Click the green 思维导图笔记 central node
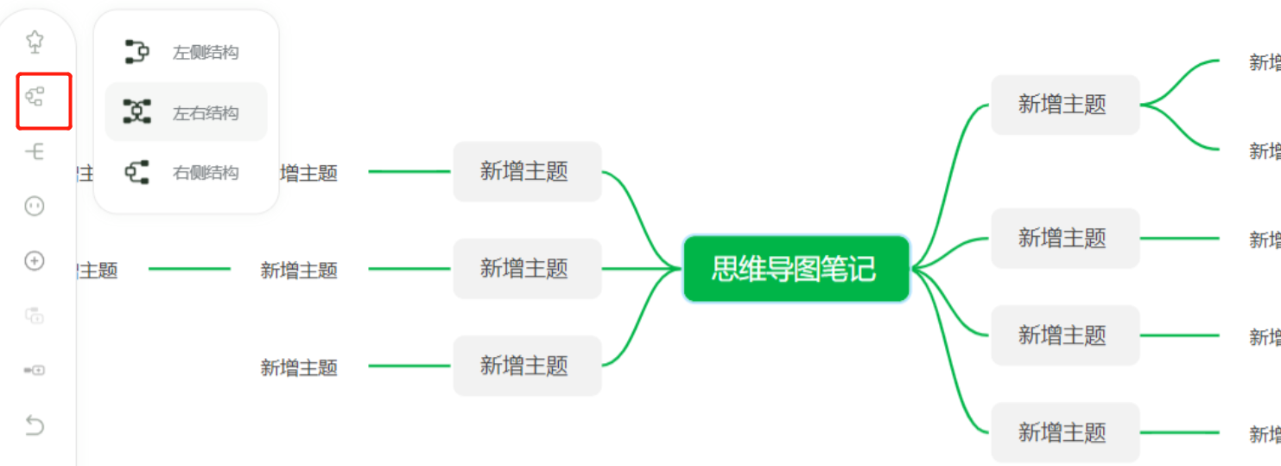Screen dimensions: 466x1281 [796, 269]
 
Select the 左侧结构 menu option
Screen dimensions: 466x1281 [205, 53]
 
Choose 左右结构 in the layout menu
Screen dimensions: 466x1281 [205, 113]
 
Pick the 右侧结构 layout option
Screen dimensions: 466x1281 [205, 173]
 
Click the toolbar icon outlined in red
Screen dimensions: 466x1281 [35, 96]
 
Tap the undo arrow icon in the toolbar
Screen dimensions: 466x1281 [35, 425]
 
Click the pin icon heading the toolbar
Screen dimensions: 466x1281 [35, 41]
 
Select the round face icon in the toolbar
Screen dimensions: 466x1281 [35, 206]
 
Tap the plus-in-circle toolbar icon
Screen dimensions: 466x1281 [35, 261]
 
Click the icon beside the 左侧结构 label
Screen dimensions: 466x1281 [136, 52]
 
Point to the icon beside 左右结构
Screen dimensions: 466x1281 [136, 112]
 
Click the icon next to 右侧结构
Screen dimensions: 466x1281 [136, 172]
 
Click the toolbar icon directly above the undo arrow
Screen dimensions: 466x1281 [35, 370]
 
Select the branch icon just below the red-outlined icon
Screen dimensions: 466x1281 [35, 152]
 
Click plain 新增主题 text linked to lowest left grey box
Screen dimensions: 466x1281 [299, 367]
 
